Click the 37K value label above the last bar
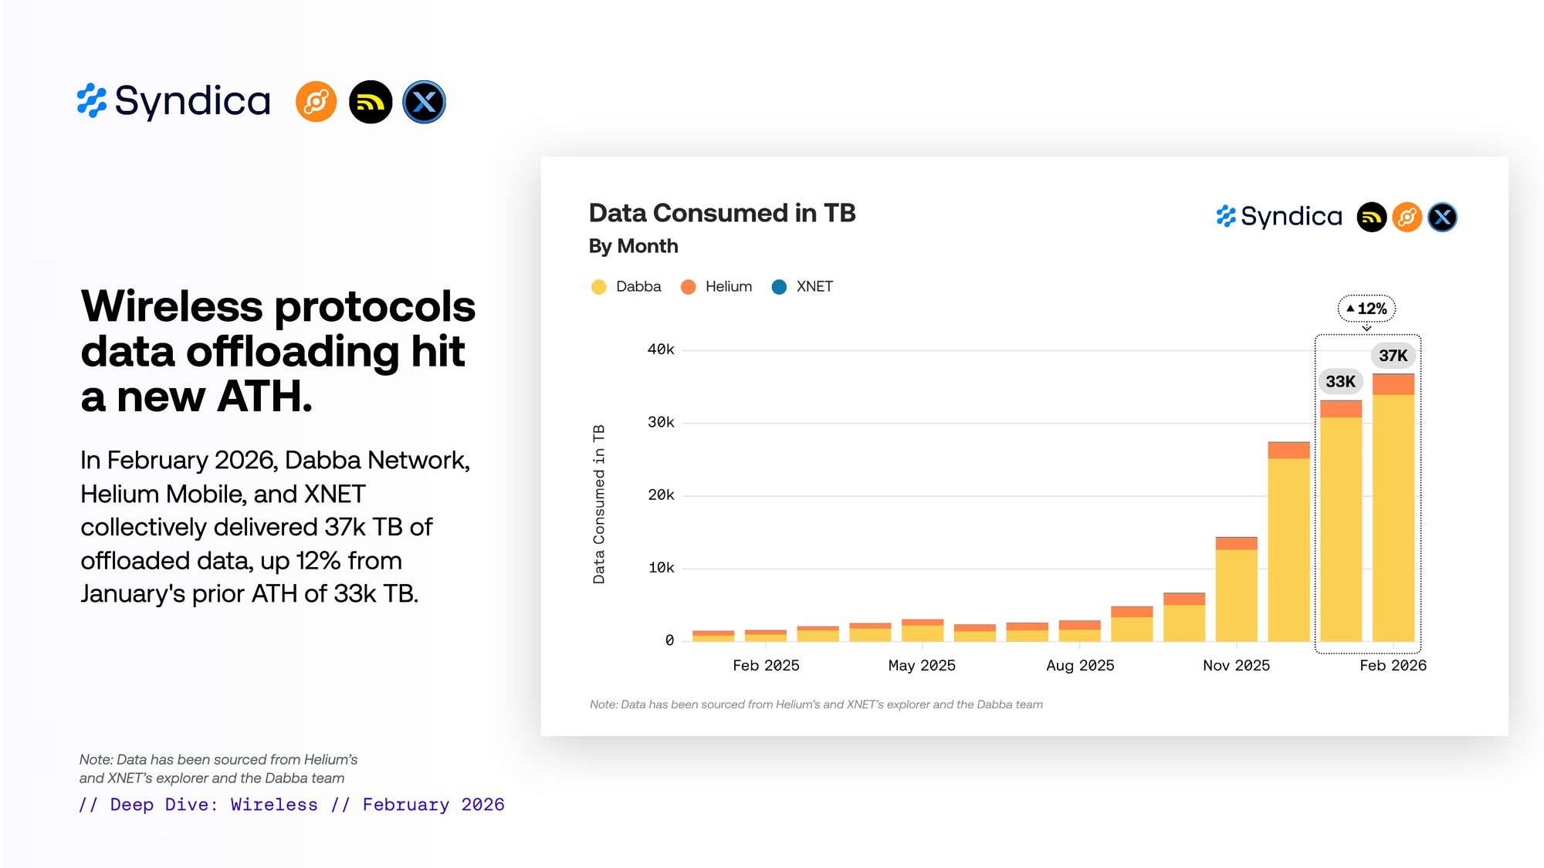1393,356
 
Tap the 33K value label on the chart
1340,381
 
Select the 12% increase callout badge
1366,309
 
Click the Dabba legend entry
627,287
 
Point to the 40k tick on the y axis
661,350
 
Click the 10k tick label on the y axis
661,568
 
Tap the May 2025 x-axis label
922,665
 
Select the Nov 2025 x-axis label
1236,665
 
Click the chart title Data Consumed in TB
722,213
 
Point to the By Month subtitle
633,246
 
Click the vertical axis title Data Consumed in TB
599,504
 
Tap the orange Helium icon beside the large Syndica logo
317,102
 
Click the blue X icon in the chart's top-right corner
1442,218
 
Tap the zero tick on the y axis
669,640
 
